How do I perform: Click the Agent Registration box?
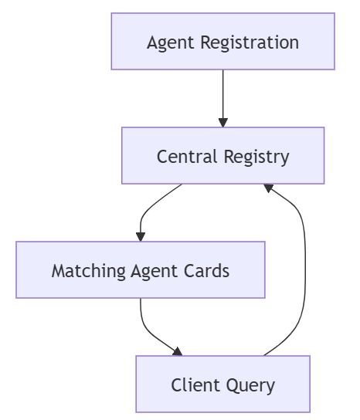click(x=223, y=41)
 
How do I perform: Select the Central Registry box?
click(x=223, y=156)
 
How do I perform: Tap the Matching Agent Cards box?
click(x=141, y=269)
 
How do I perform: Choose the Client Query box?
click(x=223, y=384)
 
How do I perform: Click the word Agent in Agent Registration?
click(x=170, y=43)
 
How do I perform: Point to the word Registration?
click(x=250, y=42)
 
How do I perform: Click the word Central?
click(x=187, y=157)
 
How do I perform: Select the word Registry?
click(x=256, y=157)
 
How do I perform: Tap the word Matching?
click(x=89, y=271)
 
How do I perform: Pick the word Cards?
click(x=206, y=270)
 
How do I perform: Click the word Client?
click(x=195, y=385)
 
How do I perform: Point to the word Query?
click(x=250, y=386)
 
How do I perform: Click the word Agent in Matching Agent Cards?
click(x=154, y=272)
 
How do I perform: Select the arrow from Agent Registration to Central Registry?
click(x=223, y=99)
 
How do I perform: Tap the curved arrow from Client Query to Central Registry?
click(x=305, y=270)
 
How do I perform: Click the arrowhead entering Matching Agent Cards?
click(x=141, y=237)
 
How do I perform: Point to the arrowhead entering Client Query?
click(x=178, y=352)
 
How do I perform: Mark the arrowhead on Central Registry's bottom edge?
click(x=268, y=188)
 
